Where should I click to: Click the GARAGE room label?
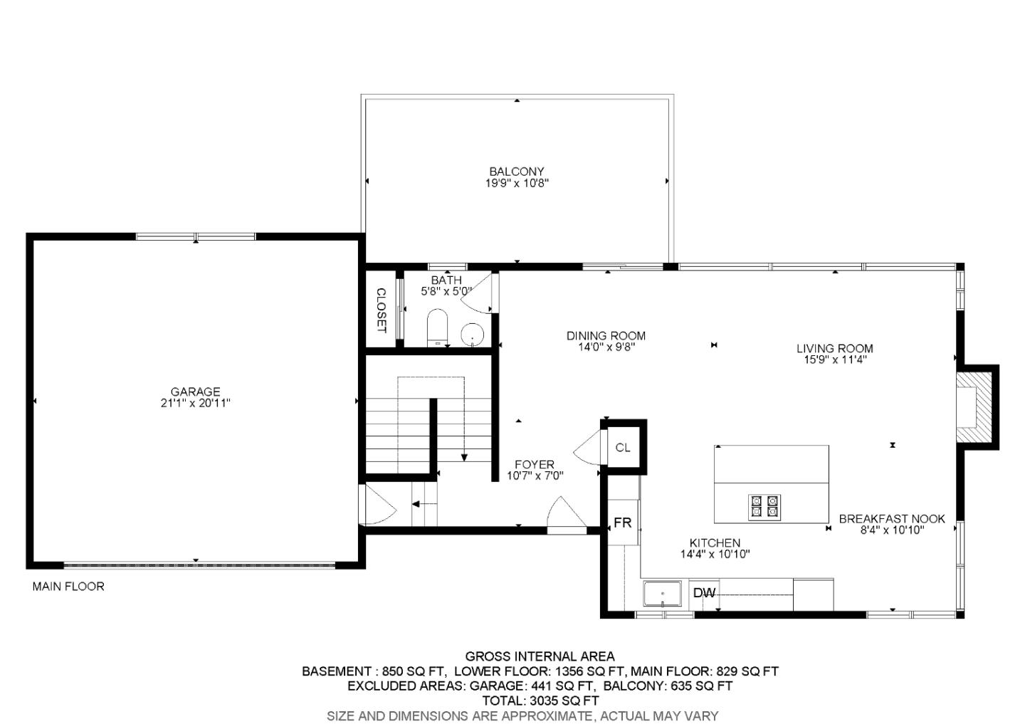(x=195, y=392)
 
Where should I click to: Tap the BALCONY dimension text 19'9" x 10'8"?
(x=517, y=183)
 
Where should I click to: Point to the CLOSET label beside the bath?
(x=381, y=310)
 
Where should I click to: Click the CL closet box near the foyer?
(x=623, y=448)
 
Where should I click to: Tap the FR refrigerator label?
(x=623, y=523)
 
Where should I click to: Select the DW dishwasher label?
(x=704, y=593)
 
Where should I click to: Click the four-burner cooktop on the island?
(x=764, y=506)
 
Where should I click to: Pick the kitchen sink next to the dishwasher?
(x=662, y=594)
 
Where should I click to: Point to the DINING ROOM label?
(x=606, y=336)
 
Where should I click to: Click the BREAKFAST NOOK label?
(x=892, y=519)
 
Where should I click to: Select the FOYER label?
(x=535, y=464)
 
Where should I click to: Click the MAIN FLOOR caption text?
(x=68, y=587)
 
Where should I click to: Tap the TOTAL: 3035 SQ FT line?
(x=540, y=701)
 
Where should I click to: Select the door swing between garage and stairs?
(x=380, y=504)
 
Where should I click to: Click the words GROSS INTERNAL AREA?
(x=540, y=656)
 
